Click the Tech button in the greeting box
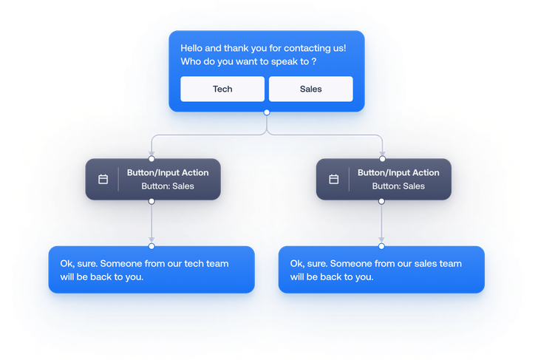(x=222, y=89)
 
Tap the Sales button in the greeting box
(x=310, y=89)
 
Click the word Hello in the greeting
(x=194, y=48)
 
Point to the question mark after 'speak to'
(x=313, y=61)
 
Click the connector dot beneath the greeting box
(x=267, y=113)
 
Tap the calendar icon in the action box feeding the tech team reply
(x=103, y=179)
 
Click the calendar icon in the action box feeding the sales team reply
(x=334, y=179)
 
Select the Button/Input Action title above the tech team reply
(x=168, y=173)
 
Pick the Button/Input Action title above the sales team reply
(x=398, y=173)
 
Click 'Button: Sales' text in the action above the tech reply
(x=168, y=186)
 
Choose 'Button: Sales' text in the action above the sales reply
(x=398, y=186)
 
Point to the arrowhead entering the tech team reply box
(x=151, y=240)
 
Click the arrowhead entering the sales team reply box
(x=382, y=240)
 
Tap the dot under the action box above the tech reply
(x=151, y=200)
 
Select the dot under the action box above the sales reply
(x=382, y=200)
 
